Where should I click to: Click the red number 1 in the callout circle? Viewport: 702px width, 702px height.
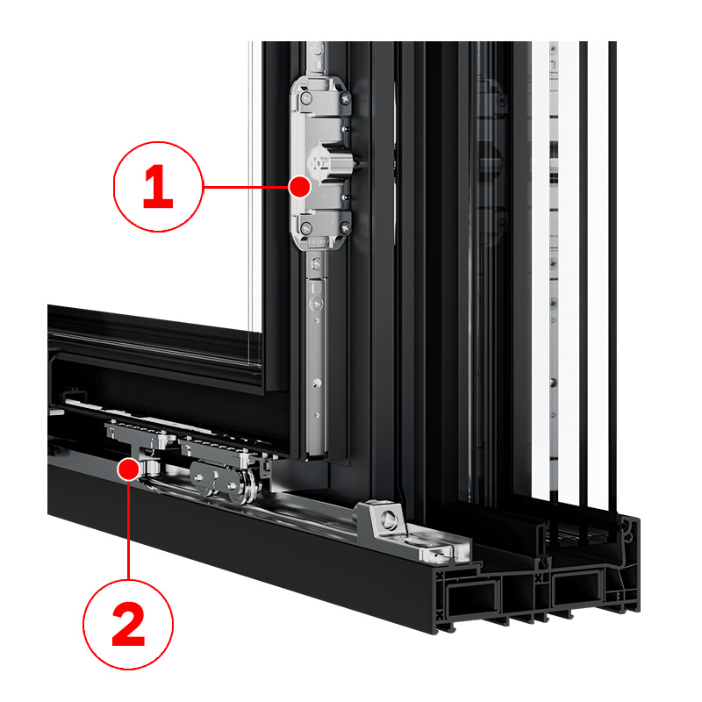(x=158, y=187)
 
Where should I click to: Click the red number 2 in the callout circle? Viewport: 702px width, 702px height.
(x=128, y=624)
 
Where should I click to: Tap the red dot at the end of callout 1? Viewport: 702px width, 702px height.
(x=299, y=187)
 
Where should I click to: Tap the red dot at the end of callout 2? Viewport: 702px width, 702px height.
(x=128, y=469)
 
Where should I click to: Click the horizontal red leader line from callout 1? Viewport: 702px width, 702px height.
(x=246, y=187)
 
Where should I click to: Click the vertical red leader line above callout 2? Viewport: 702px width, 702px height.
(x=128, y=530)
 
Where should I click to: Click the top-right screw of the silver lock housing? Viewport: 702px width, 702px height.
(x=345, y=97)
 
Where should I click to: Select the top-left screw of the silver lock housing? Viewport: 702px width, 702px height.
(x=305, y=97)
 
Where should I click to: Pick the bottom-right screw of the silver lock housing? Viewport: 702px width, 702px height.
(x=345, y=229)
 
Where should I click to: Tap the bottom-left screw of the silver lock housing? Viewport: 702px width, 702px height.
(x=305, y=228)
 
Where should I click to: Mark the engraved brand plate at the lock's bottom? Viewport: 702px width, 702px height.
(x=319, y=242)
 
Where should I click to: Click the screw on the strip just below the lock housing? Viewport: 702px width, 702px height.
(x=317, y=264)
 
